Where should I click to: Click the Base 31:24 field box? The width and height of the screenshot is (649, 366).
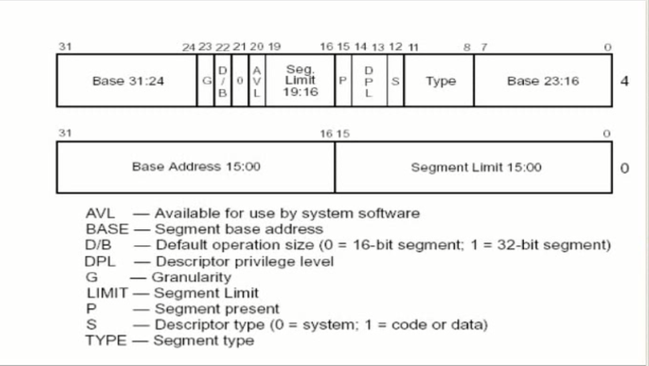(126, 81)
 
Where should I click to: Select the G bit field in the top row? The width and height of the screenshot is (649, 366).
(206, 81)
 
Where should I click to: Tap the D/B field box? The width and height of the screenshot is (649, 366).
(223, 81)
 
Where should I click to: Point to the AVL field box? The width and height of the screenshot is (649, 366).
(257, 81)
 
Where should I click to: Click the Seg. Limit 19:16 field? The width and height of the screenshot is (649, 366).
(300, 81)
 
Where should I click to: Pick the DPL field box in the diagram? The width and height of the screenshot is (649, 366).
(369, 81)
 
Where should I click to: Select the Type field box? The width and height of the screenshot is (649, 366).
(439, 81)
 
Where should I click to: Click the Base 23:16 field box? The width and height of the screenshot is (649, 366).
(543, 81)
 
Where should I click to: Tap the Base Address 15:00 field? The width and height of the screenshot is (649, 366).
(196, 167)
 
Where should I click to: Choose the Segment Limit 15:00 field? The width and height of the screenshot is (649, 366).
(473, 167)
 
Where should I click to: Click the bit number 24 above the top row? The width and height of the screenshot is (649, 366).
(189, 47)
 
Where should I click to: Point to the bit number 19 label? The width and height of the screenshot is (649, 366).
(274, 47)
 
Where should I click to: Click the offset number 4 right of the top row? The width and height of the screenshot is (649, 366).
(624, 81)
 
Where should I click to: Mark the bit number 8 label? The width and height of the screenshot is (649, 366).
(467, 47)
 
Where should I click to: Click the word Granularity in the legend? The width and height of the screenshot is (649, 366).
(192, 277)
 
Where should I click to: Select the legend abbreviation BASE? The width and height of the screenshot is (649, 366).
(107, 229)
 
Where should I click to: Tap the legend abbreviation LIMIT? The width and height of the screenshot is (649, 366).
(107, 293)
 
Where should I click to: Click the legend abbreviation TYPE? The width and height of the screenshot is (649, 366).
(106, 340)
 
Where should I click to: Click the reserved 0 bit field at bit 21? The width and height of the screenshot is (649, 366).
(240, 81)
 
